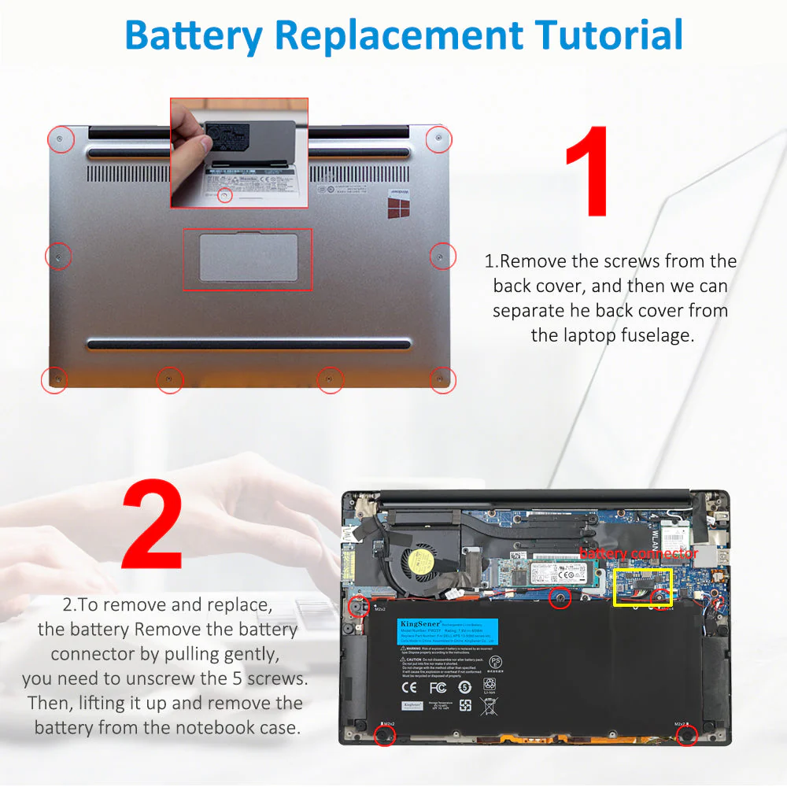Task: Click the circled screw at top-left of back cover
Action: (60, 139)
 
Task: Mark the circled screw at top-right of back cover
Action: (438, 139)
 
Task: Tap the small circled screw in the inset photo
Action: (225, 194)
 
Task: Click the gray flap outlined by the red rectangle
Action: (247, 258)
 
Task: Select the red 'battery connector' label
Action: (638, 554)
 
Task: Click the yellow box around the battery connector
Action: (641, 588)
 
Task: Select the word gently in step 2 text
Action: (249, 654)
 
